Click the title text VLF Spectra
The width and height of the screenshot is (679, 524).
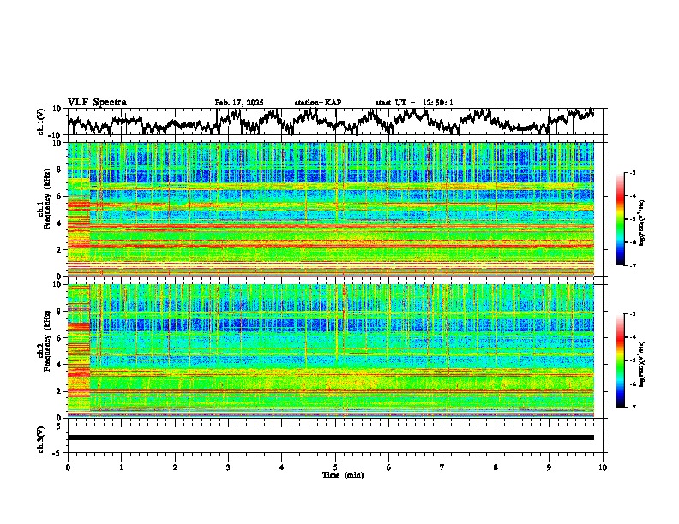(x=97, y=103)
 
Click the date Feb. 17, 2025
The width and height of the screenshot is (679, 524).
(x=239, y=103)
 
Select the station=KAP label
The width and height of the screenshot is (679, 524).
(x=317, y=103)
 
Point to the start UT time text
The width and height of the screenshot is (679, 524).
(x=414, y=103)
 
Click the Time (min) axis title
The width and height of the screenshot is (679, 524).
(x=342, y=474)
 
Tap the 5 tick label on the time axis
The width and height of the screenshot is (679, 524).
(x=335, y=467)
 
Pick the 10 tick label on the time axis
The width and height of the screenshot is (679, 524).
(x=603, y=467)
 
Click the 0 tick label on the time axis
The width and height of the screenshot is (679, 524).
(x=68, y=467)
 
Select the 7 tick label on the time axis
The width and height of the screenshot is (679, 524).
(x=442, y=467)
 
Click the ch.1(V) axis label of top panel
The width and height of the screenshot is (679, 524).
(x=42, y=122)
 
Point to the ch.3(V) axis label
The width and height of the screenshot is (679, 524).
(x=42, y=438)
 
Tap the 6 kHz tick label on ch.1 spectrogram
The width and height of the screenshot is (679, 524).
(x=60, y=196)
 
